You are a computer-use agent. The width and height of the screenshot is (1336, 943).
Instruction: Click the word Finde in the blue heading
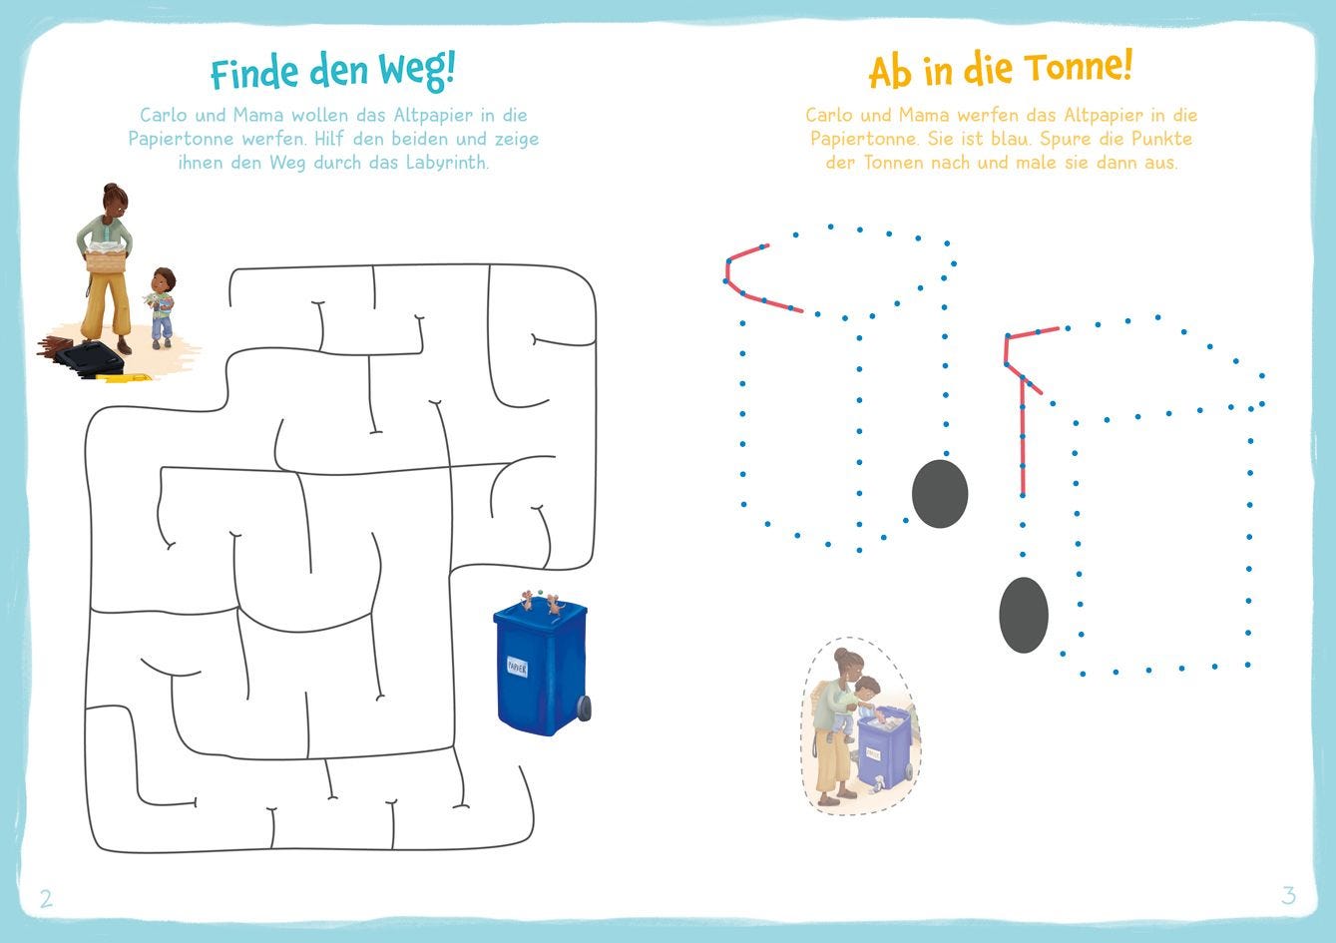click(254, 73)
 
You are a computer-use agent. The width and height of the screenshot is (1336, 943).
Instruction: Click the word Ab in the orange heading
click(890, 73)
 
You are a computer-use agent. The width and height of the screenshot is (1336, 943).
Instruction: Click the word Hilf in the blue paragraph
click(330, 139)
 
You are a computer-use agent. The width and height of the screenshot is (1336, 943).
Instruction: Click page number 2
click(46, 898)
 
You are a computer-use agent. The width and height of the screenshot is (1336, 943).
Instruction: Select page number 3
click(1288, 895)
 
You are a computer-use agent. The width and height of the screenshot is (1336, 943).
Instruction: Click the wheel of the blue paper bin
click(584, 707)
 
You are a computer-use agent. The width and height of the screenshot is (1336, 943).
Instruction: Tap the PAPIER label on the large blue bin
click(517, 667)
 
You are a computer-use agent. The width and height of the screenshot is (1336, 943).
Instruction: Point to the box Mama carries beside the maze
click(106, 260)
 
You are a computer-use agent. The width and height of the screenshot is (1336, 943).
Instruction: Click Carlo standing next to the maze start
click(161, 307)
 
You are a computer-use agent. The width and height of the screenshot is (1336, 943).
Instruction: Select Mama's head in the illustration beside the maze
click(116, 201)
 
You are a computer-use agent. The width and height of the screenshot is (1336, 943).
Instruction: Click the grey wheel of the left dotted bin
click(940, 493)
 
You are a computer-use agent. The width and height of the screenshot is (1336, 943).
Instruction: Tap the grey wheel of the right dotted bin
click(1024, 615)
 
